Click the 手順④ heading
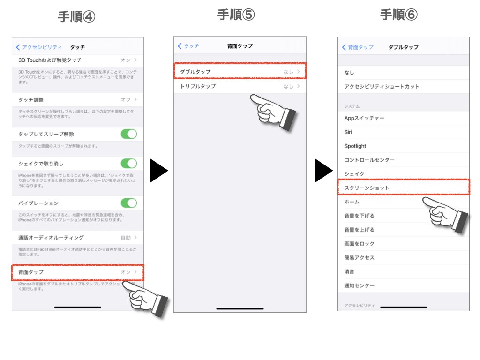tap(76, 16)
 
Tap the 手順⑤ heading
tap(236, 15)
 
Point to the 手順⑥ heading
tap(398, 15)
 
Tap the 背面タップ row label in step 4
tap(31, 272)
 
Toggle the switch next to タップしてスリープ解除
tap(129, 134)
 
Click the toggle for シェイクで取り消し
tap(129, 164)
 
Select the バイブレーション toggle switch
tap(129, 203)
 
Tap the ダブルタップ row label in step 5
tap(195, 72)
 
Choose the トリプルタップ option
tap(198, 86)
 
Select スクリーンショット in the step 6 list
tap(367, 187)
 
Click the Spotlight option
tap(355, 146)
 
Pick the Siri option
tap(348, 132)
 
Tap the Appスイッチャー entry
tap(364, 118)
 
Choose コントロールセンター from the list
tap(369, 160)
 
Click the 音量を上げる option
tap(360, 230)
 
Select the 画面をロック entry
tap(360, 244)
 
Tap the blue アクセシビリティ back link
tap(39, 47)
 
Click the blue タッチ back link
tap(188, 46)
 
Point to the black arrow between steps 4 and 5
tap(159, 171)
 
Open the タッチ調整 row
tap(31, 100)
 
